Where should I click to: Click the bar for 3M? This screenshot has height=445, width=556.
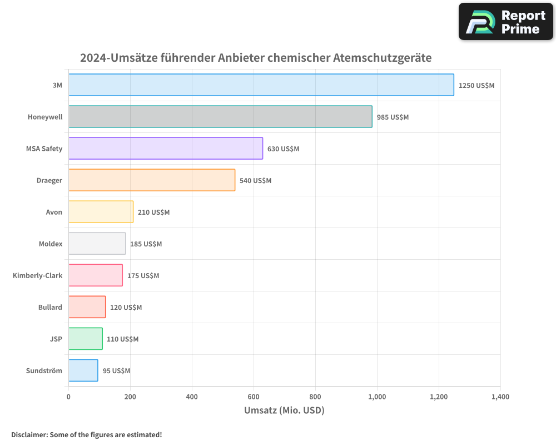(x=261, y=85)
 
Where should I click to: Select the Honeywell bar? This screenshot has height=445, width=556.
(x=220, y=117)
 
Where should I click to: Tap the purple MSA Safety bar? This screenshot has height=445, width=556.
(x=165, y=149)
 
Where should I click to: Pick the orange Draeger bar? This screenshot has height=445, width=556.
(x=151, y=180)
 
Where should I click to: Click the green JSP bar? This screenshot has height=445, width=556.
(x=85, y=339)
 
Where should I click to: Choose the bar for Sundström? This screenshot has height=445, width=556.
(x=83, y=370)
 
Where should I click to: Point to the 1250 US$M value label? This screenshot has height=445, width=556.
(x=476, y=86)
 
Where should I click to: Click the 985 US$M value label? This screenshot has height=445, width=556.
(x=393, y=117)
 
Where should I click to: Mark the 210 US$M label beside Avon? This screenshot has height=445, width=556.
(x=153, y=212)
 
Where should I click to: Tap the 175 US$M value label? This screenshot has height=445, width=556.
(x=143, y=276)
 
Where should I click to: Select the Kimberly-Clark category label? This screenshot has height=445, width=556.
(x=37, y=275)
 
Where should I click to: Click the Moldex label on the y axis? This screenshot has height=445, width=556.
(x=51, y=244)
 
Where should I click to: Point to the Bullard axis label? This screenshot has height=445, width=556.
(x=50, y=307)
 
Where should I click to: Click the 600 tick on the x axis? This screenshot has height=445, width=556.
(x=254, y=397)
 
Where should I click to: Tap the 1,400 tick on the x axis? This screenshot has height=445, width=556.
(x=500, y=397)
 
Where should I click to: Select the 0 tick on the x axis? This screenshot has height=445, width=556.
(x=68, y=397)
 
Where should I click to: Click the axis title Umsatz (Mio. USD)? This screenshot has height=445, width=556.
(x=284, y=411)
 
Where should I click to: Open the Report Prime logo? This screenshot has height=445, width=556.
(x=506, y=22)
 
